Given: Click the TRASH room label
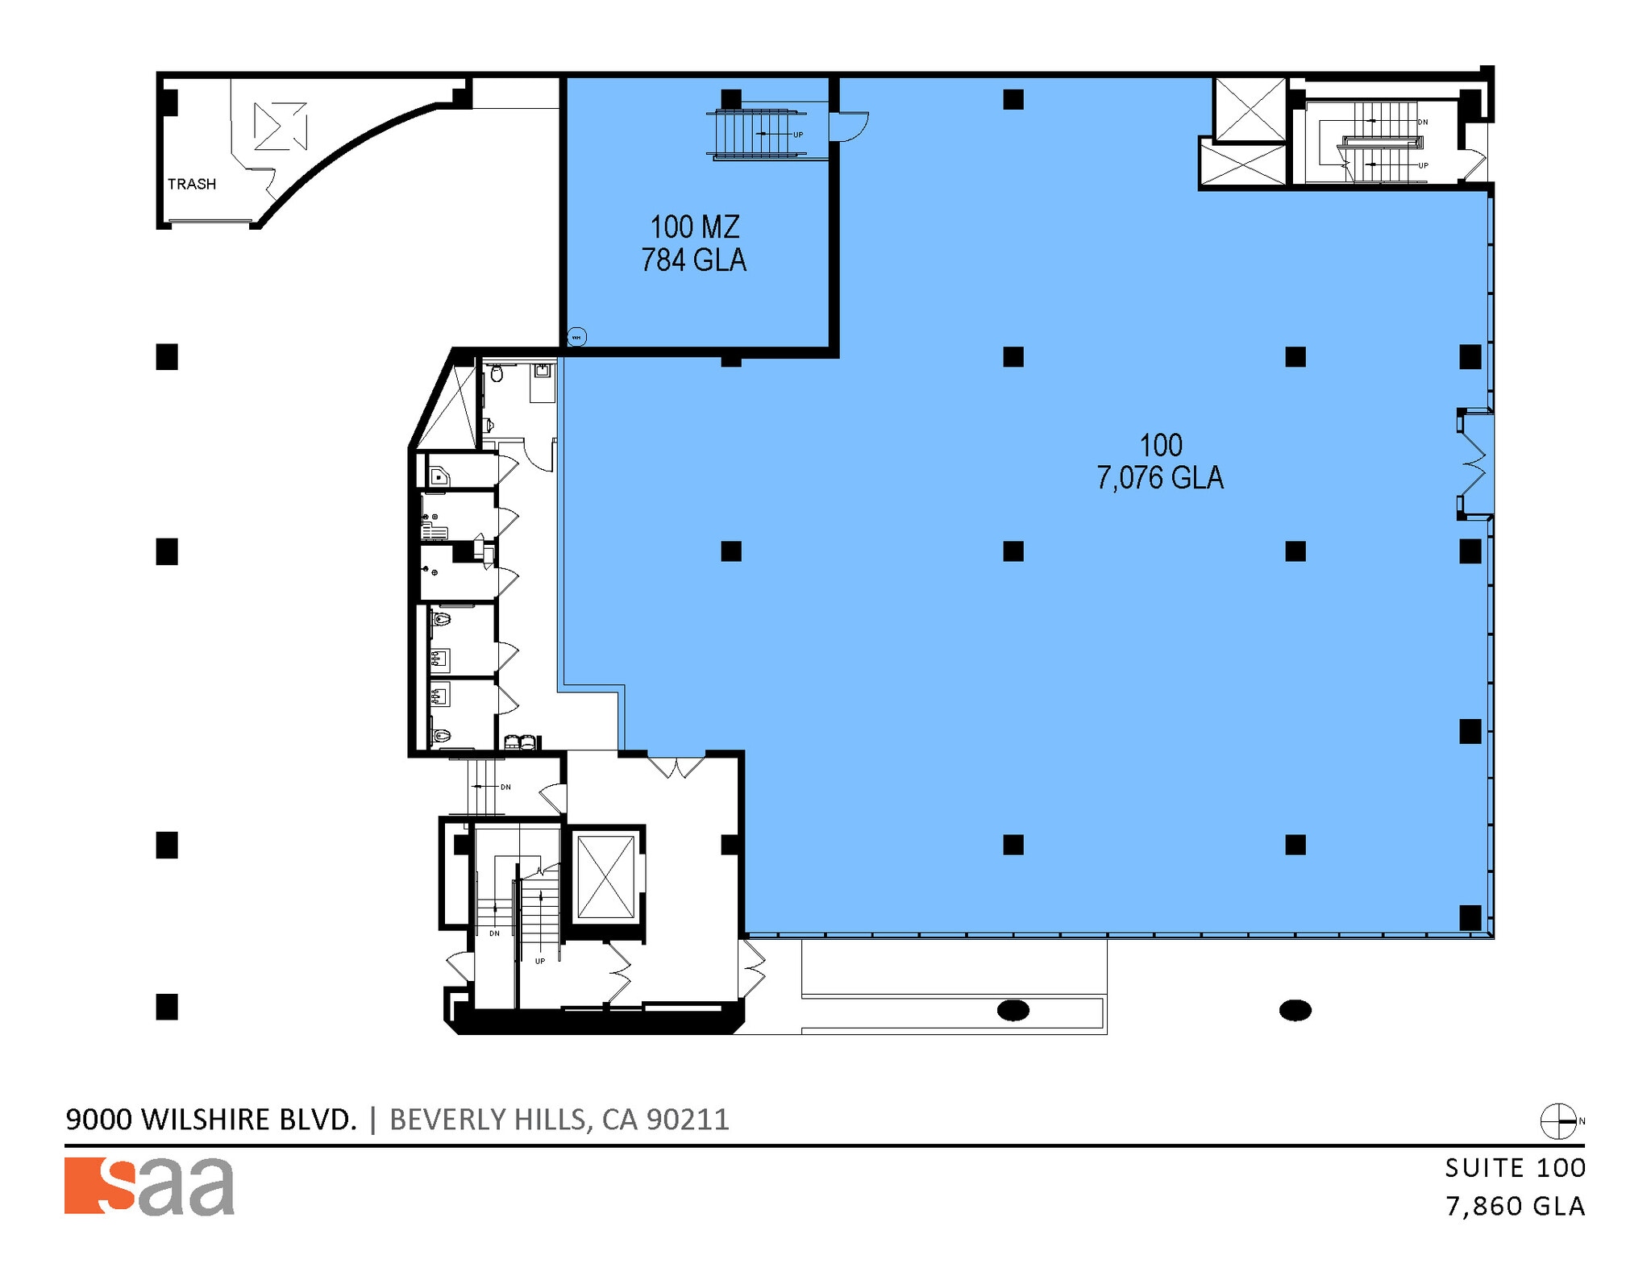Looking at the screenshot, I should pyautogui.click(x=191, y=184).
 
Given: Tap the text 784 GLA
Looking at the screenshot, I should pyautogui.click(x=693, y=260).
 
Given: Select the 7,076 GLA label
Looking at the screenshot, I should pyautogui.click(x=1159, y=478).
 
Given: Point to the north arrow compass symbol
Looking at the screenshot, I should pyautogui.click(x=1557, y=1121).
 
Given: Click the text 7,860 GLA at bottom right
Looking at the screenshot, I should pyautogui.click(x=1515, y=1207).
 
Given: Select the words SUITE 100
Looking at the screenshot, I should pyautogui.click(x=1515, y=1168).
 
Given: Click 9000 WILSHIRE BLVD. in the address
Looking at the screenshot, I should pyautogui.click(x=210, y=1120).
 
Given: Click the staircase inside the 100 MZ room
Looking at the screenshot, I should pyautogui.click(x=758, y=134).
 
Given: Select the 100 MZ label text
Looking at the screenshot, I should pyautogui.click(x=694, y=227).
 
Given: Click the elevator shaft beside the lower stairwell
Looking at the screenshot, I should pyautogui.click(x=606, y=877).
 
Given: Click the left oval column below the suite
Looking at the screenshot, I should pyautogui.click(x=1013, y=1009).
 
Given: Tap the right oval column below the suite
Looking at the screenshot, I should pyautogui.click(x=1295, y=1009).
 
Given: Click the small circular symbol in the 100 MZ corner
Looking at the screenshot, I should pyautogui.click(x=576, y=337).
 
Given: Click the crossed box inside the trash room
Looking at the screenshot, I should pyautogui.click(x=280, y=126).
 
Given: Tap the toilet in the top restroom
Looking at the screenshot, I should pyautogui.click(x=497, y=373).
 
